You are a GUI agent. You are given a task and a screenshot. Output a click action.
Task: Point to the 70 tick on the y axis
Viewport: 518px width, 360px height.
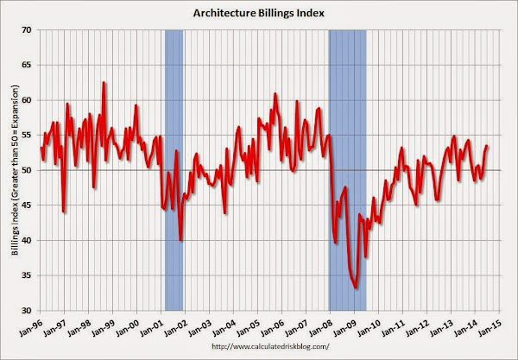[28, 30]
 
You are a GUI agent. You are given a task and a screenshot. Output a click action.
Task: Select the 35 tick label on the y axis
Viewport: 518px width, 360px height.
[28, 275]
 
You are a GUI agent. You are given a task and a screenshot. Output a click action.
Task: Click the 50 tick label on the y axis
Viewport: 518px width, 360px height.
[28, 170]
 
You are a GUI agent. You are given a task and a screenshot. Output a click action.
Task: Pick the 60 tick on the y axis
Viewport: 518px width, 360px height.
[28, 100]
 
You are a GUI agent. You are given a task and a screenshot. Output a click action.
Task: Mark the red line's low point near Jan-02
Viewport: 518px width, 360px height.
[181, 240]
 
